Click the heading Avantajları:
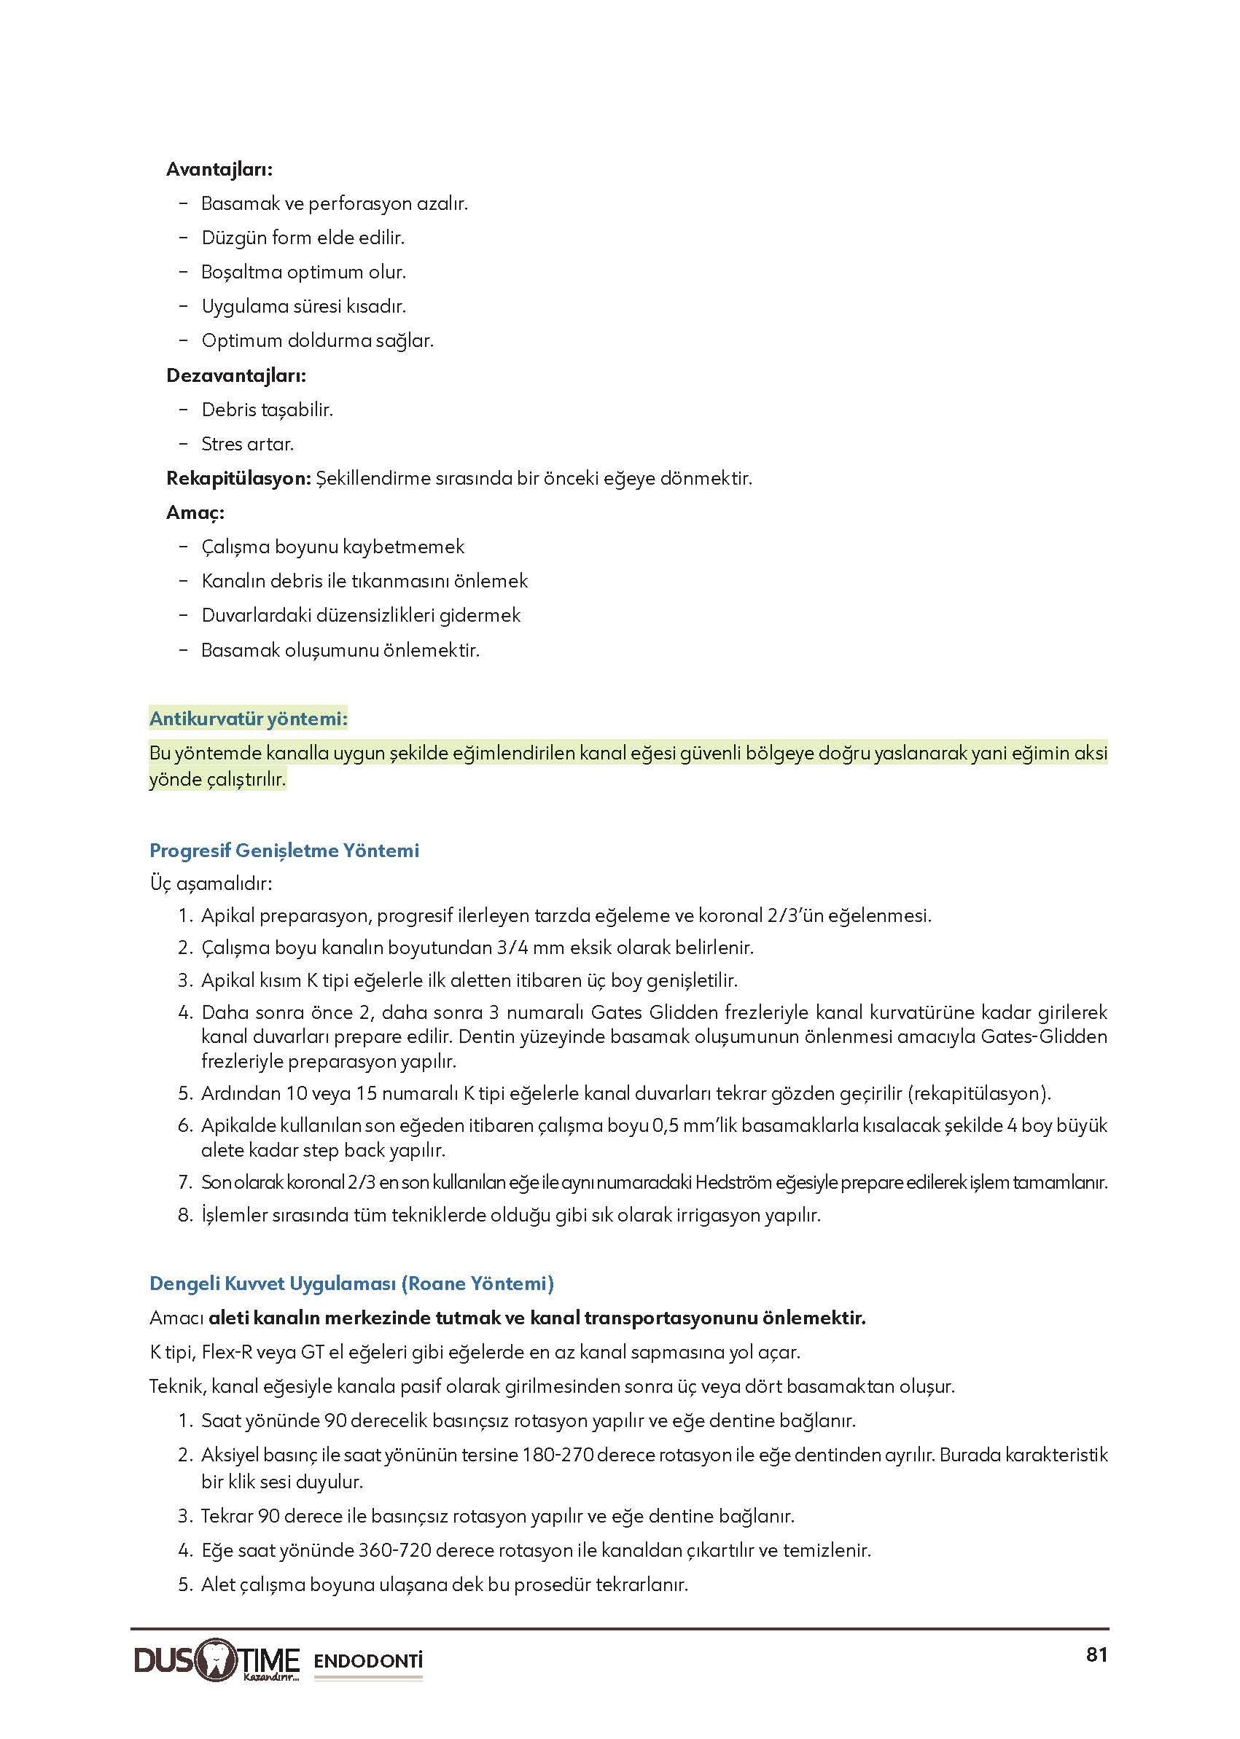(219, 170)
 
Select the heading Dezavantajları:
(236, 375)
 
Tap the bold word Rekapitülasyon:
(238, 479)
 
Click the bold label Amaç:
(195, 513)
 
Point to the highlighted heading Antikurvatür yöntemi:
(248, 719)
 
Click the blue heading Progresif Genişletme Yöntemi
(284, 851)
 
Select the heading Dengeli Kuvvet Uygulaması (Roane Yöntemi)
(351, 1283)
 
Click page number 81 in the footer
(1096, 1654)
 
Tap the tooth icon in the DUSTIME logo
(217, 1659)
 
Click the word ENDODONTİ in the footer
(368, 1660)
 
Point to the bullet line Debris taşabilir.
(267, 410)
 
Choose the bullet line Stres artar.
(247, 445)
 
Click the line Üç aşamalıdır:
(211, 884)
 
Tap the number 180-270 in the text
(558, 1455)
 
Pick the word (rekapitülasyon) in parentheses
(979, 1093)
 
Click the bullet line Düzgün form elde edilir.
(303, 238)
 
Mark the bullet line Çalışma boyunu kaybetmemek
(332, 547)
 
